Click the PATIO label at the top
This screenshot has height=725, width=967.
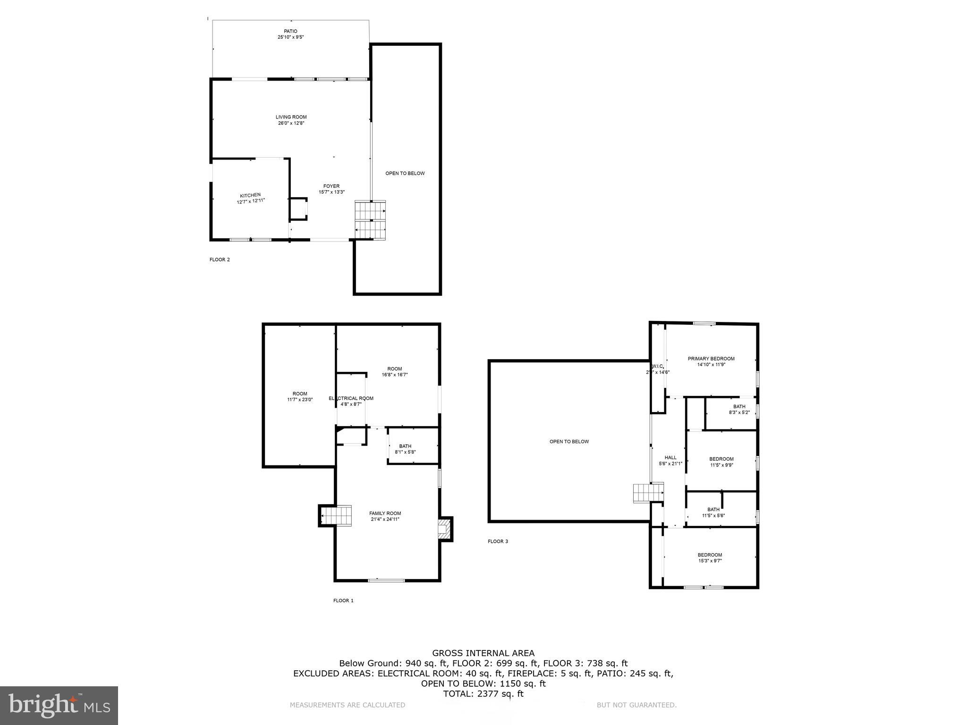290,31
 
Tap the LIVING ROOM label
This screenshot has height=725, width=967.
291,117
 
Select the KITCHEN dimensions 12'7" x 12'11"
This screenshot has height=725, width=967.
251,201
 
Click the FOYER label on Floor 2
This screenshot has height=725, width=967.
331,186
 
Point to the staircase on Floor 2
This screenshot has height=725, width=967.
371,220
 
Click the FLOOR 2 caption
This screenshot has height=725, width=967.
220,260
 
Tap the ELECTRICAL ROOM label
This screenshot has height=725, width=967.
351,398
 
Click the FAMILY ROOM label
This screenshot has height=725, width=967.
385,514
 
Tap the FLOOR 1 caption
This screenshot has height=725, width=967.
343,600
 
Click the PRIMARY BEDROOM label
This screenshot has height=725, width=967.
711,359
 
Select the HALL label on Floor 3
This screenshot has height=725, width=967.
670,457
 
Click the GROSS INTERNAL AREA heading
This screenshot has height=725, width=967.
483,653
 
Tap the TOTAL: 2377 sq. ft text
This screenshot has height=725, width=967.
483,694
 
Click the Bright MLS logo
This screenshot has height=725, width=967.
59,705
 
